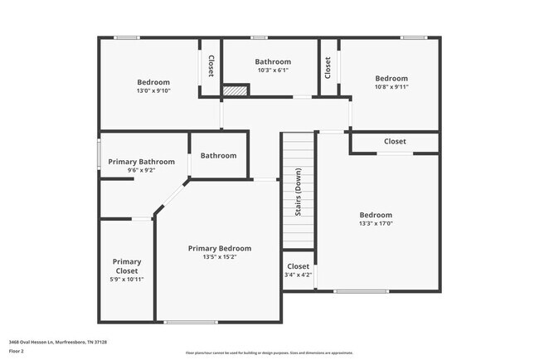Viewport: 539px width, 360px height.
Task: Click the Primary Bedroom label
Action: (219, 248)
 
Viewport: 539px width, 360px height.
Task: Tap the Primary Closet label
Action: (127, 266)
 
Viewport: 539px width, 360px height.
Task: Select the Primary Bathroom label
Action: (141, 162)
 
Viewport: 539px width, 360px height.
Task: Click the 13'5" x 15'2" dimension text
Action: (219, 257)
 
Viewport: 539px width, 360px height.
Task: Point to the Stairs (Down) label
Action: (298, 192)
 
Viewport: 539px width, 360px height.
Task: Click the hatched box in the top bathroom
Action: (236, 90)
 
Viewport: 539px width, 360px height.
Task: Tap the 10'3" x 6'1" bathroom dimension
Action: (273, 71)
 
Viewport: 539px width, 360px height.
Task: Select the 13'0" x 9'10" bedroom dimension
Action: (153, 91)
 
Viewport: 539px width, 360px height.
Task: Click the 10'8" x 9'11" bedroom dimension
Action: (391, 87)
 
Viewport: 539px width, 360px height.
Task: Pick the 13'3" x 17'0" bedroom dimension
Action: (376, 223)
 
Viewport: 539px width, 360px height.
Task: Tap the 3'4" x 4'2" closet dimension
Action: (298, 275)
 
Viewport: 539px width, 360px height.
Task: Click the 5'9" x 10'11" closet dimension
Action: (127, 280)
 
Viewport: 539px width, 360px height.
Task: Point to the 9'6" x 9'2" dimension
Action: (141, 171)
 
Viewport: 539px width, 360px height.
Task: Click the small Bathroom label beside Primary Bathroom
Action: (218, 155)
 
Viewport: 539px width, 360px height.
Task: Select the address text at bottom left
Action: (58, 342)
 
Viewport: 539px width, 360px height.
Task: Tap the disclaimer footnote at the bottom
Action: (269, 352)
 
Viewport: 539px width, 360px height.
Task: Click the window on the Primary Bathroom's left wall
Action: (100, 154)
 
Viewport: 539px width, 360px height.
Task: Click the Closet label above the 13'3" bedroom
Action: (395, 141)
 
